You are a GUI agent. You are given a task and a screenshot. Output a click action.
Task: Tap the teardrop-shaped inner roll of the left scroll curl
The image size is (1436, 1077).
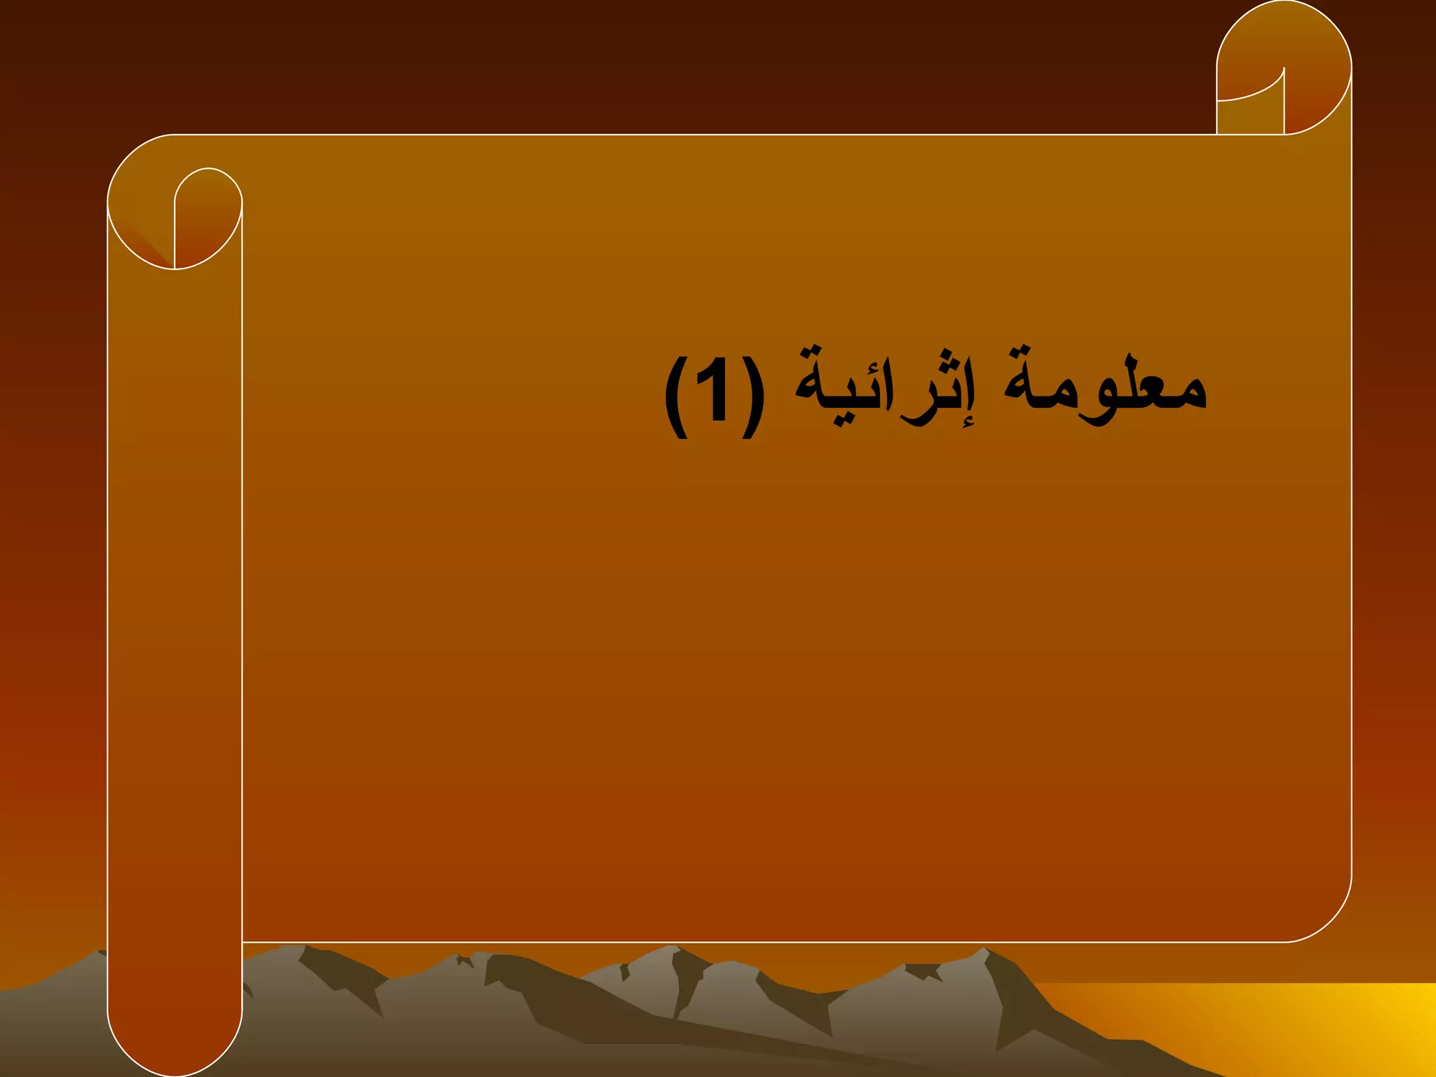tap(208, 210)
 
